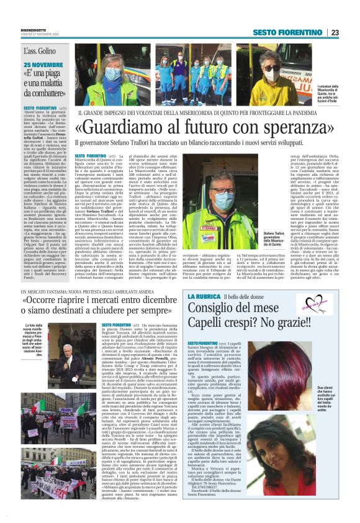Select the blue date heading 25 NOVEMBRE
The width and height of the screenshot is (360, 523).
click(43, 65)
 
